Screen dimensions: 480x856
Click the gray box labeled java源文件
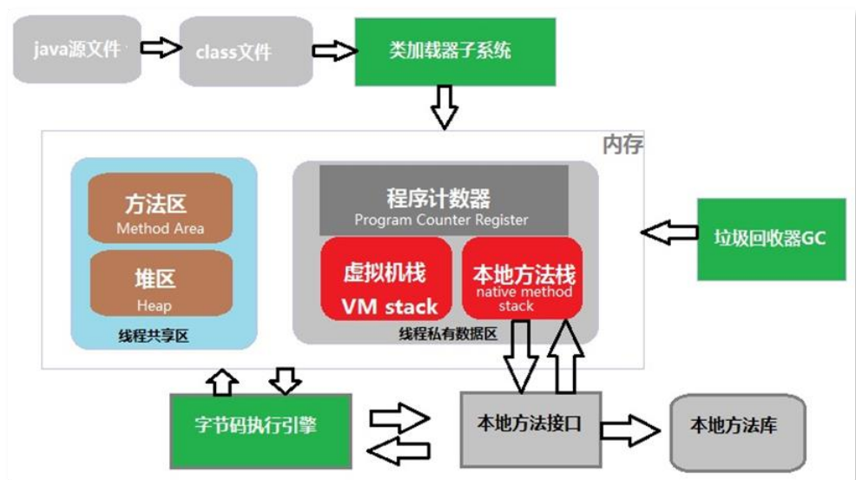click(77, 49)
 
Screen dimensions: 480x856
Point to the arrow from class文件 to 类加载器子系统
click(333, 52)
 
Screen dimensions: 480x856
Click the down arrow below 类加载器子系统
click(444, 106)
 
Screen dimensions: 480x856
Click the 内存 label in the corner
click(622, 145)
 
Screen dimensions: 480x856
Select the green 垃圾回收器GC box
click(770, 239)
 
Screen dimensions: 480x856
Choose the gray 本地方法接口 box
click(529, 426)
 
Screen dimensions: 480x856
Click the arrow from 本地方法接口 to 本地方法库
click(631, 429)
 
